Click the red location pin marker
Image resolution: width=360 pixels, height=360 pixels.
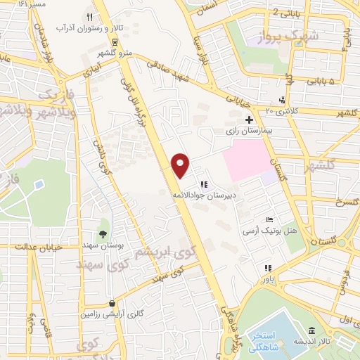pyautogui.click(x=181, y=165)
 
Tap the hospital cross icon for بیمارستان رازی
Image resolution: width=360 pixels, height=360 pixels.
pyautogui.click(x=249, y=120)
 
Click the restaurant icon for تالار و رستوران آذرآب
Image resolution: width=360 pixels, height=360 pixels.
pyautogui.click(x=89, y=17)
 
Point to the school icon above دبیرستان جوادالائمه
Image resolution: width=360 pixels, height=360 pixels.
pyautogui.click(x=204, y=184)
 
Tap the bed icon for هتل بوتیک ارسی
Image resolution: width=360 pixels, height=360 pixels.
pyautogui.click(x=270, y=220)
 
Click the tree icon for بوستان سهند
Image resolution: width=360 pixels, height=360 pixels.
pyautogui.click(x=104, y=234)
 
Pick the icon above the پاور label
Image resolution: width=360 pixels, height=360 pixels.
pyautogui.click(x=267, y=268)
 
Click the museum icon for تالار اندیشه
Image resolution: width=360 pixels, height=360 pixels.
pyautogui.click(x=311, y=331)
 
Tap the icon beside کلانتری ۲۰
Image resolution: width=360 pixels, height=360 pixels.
pyautogui.click(x=282, y=100)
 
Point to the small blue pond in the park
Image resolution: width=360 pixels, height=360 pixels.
pyautogui.click(x=38, y=186)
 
